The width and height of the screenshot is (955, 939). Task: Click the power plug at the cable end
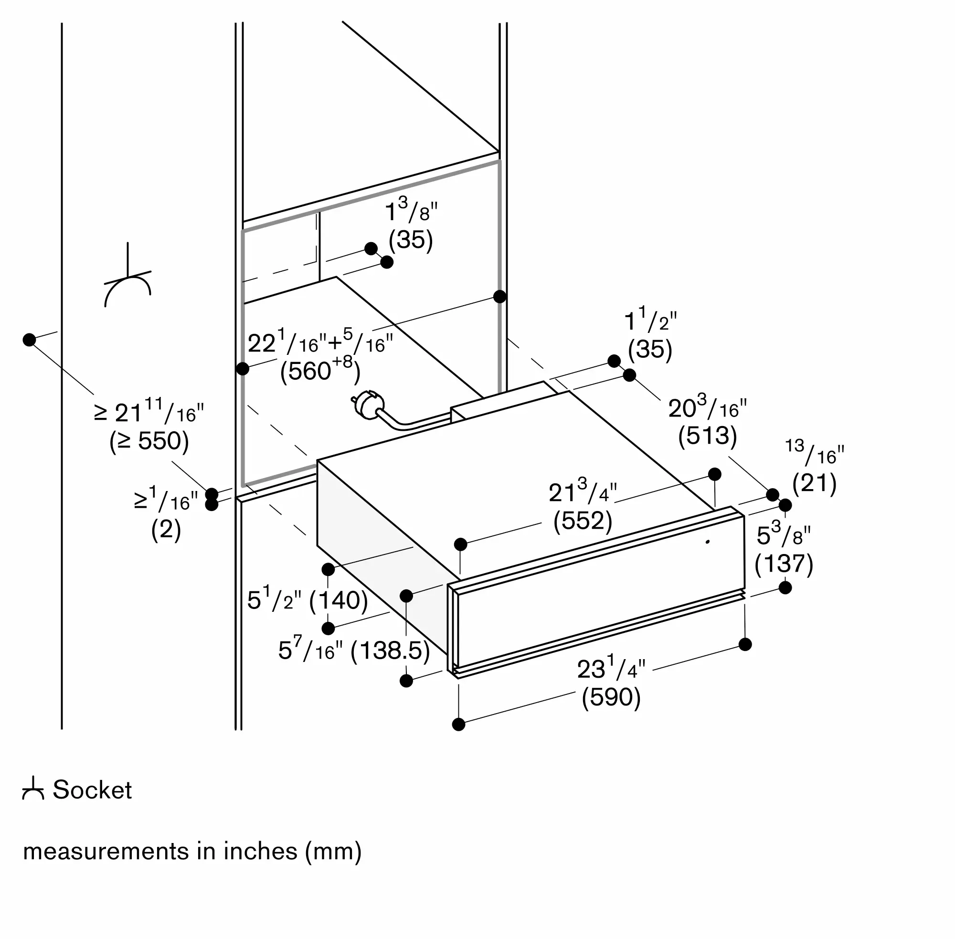367,406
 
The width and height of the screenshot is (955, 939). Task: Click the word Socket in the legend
92,790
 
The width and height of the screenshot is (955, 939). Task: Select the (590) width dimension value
611,697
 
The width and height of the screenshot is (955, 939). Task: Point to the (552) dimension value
582,521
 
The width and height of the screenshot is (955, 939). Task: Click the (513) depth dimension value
707,436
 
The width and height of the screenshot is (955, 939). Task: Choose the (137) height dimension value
784,563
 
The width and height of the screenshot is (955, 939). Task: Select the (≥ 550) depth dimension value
149,441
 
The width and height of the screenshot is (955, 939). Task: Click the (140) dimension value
339,600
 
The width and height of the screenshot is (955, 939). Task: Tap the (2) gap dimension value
166,530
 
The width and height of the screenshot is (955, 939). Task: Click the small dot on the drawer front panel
708,542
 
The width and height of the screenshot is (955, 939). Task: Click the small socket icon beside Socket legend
33,789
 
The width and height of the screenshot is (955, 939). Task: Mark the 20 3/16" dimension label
707,408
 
